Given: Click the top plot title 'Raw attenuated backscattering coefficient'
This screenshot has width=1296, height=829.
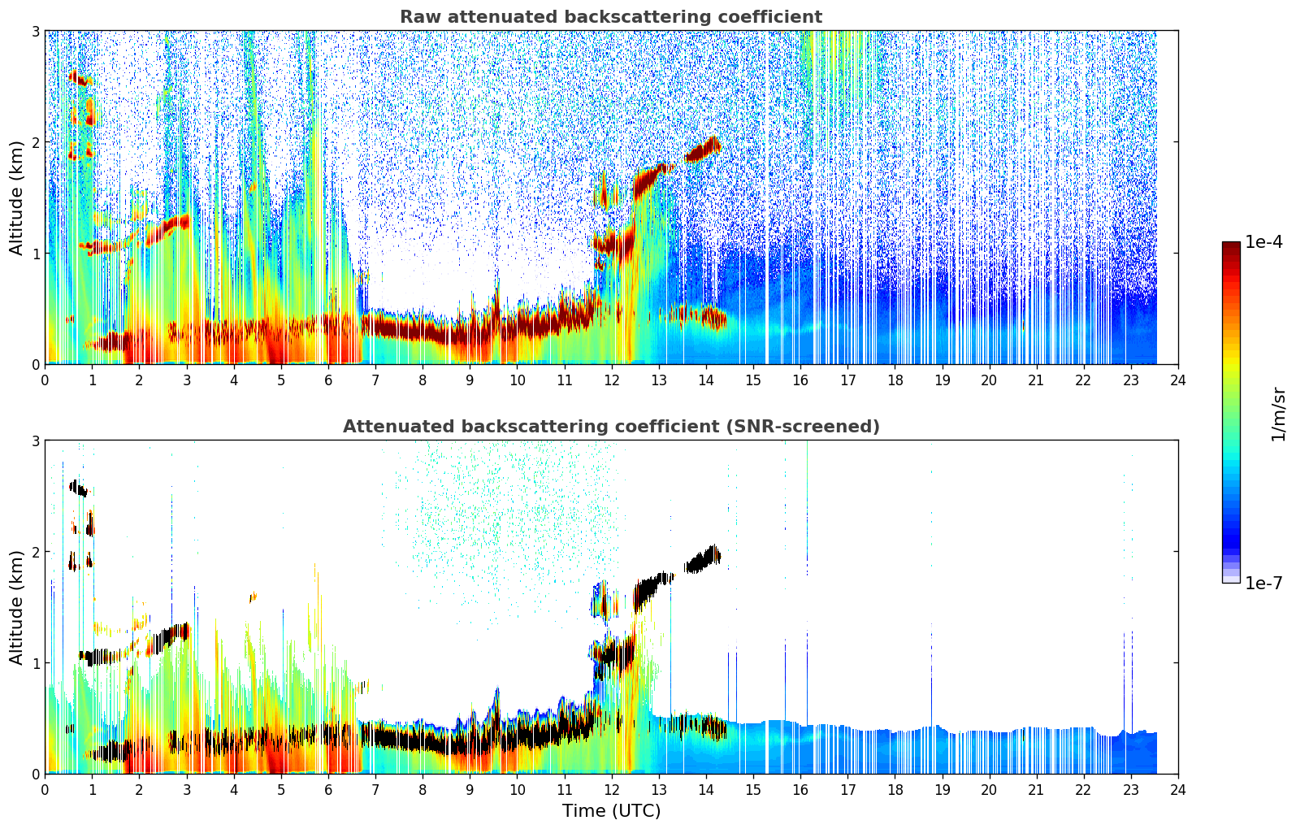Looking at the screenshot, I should coord(610,17).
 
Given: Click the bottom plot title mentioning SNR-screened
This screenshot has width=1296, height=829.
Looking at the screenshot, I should coord(610,427).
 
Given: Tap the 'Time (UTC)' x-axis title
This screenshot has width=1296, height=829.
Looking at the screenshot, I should coord(611,811).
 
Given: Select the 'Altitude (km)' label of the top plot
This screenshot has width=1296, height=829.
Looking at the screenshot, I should coord(16,197).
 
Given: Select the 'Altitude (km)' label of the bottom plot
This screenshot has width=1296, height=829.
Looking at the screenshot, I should coord(16,607).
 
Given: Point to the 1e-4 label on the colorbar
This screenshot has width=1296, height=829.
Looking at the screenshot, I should coord(1263,242).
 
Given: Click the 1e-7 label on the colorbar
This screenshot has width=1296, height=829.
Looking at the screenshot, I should coord(1263,583).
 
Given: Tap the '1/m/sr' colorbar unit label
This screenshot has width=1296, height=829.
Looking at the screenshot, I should coord(1278,414).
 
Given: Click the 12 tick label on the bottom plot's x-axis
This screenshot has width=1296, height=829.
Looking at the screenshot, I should coord(611,789).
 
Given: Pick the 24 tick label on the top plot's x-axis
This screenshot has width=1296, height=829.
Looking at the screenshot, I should coord(1177,380).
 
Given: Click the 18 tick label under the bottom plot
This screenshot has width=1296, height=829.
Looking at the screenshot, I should coord(895,789).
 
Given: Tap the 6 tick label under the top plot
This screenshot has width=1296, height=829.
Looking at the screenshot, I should coord(328,380).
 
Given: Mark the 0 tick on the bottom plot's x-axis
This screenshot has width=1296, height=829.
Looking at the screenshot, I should coord(45,789).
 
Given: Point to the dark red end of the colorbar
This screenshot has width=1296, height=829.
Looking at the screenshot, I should coord(1230,245).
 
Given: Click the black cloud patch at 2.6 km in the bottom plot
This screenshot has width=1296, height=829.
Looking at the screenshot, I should coord(79,488).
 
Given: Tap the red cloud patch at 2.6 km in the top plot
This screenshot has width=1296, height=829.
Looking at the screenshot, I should coord(79,78).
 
